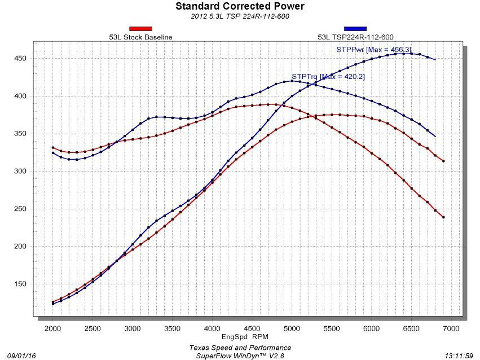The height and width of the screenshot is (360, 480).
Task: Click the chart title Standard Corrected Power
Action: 240,6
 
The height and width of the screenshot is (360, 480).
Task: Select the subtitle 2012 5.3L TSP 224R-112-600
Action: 240,16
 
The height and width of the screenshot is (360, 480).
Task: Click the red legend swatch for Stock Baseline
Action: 140,29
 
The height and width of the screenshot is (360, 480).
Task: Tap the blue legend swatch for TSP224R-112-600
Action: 355,29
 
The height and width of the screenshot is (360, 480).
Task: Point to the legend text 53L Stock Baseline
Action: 140,37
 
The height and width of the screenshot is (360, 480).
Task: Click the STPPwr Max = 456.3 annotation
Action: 373,50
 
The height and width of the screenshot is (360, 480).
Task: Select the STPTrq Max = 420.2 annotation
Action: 328,77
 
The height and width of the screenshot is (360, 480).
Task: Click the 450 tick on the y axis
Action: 20,59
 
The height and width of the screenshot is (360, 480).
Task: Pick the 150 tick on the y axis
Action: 20,284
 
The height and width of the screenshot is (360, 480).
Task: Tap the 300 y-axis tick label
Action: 20,171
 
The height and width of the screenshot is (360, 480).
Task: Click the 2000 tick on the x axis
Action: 52,328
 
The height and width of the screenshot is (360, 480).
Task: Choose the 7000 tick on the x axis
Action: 451,328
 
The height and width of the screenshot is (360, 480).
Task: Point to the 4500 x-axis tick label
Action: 252,328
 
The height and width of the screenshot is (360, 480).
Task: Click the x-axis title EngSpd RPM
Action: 245,337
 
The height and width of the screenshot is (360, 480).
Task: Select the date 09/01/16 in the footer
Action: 21,355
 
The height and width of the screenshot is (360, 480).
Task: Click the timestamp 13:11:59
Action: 459,355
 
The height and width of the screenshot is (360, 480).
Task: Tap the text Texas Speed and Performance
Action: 240,348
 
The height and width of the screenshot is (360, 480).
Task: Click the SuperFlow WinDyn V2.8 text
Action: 240,355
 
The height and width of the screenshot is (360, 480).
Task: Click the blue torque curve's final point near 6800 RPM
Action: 435,137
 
